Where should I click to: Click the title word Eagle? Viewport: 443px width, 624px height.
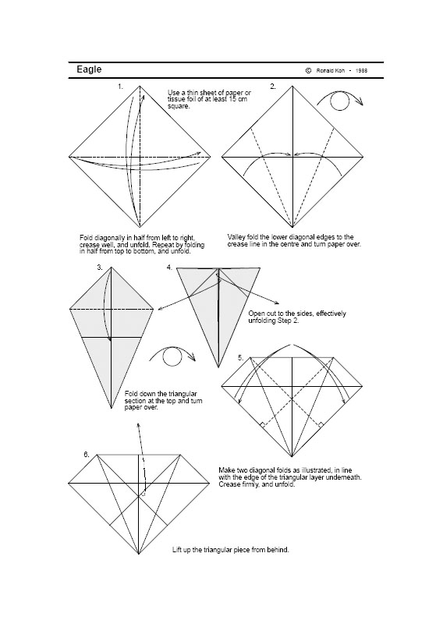pyautogui.click(x=89, y=69)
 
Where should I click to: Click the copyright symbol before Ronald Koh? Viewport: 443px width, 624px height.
pyautogui.click(x=309, y=70)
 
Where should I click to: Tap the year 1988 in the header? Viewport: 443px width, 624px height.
pyautogui.click(x=360, y=70)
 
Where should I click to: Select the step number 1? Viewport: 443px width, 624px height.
pyautogui.click(x=120, y=87)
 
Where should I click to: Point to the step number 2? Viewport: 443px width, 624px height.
pyautogui.click(x=272, y=87)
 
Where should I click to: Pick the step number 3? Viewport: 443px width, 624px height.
pyautogui.click(x=100, y=268)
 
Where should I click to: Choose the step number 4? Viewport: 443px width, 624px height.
pyautogui.click(x=169, y=268)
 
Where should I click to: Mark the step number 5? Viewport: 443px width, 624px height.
pyautogui.click(x=241, y=357)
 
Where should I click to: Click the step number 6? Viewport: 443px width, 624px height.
pyautogui.click(x=86, y=454)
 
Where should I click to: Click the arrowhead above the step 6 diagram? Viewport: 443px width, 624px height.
pyautogui.click(x=138, y=426)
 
